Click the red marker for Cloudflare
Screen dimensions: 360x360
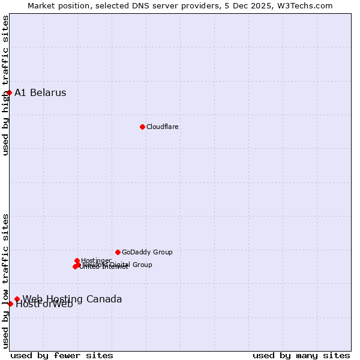click(142, 127)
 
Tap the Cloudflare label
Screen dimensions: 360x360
click(163, 127)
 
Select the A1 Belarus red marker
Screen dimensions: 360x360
click(10, 92)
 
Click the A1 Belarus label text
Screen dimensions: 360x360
click(40, 92)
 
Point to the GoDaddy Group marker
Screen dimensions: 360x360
click(118, 252)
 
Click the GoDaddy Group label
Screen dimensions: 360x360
click(147, 252)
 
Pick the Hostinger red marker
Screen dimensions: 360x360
click(77, 260)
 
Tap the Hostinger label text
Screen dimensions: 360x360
click(96, 260)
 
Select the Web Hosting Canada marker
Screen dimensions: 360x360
click(17, 299)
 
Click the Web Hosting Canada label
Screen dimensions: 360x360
click(72, 299)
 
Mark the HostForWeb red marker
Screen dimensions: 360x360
click(10, 304)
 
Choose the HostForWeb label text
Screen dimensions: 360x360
click(44, 304)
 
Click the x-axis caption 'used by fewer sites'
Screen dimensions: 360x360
click(62, 355)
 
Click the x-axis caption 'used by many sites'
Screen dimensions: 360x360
click(301, 355)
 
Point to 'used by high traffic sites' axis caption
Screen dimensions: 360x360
click(5, 85)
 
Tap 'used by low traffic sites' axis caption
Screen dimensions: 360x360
click(5, 280)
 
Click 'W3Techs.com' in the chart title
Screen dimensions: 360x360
click(307, 5)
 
